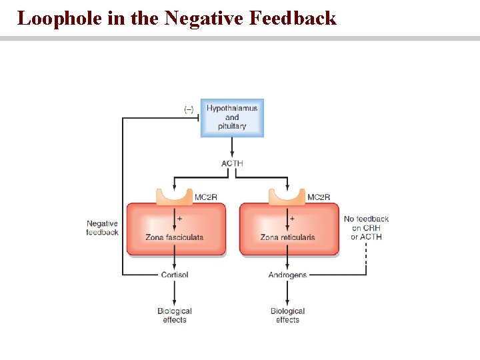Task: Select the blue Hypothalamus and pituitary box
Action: coord(232,117)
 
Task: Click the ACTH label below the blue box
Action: coord(232,163)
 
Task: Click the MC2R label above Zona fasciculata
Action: coord(205,197)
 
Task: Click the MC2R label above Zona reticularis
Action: coord(319,197)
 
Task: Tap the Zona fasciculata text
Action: coord(174,237)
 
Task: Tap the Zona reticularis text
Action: coord(287,237)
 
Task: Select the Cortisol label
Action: coord(175,275)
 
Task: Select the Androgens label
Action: coord(287,275)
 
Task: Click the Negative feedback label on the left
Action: coord(103,228)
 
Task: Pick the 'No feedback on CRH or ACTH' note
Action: coord(366,227)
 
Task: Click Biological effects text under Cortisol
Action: coord(175,315)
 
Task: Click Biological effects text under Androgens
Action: coord(287,315)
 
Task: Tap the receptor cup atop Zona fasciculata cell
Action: coord(175,196)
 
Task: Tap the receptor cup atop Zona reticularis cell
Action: coord(287,196)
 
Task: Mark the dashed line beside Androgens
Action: coord(366,260)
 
